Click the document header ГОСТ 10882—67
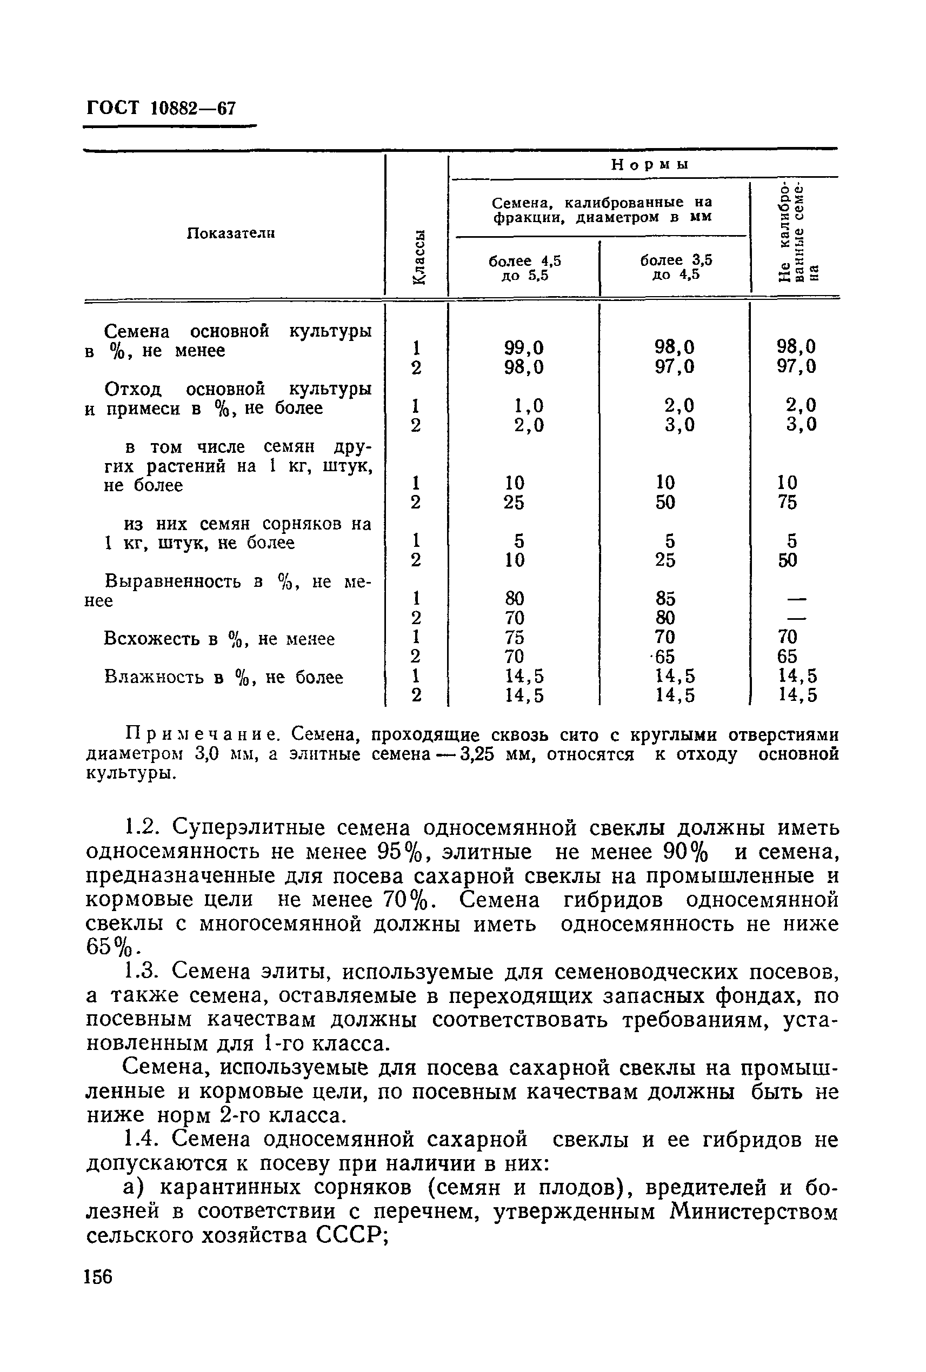click(161, 109)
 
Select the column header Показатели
click(231, 234)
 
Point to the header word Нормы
click(650, 165)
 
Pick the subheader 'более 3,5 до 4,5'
click(676, 267)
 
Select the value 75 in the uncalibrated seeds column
click(788, 503)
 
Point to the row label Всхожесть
click(155, 639)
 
